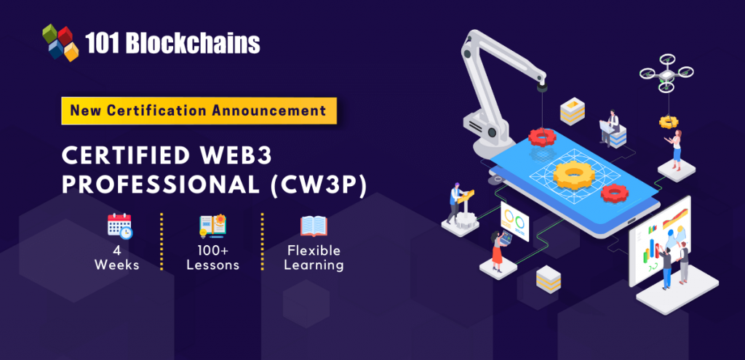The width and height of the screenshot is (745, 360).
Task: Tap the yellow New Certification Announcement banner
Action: [199, 111]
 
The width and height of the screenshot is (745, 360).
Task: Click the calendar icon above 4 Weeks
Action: [120, 226]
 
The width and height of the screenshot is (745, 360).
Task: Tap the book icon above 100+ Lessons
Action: [212, 226]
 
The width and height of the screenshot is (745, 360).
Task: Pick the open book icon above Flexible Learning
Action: [314, 226]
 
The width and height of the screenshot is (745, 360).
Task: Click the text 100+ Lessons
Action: [212, 257]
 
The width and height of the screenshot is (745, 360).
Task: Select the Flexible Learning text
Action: [314, 257]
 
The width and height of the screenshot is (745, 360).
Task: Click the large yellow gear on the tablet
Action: [575, 175]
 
